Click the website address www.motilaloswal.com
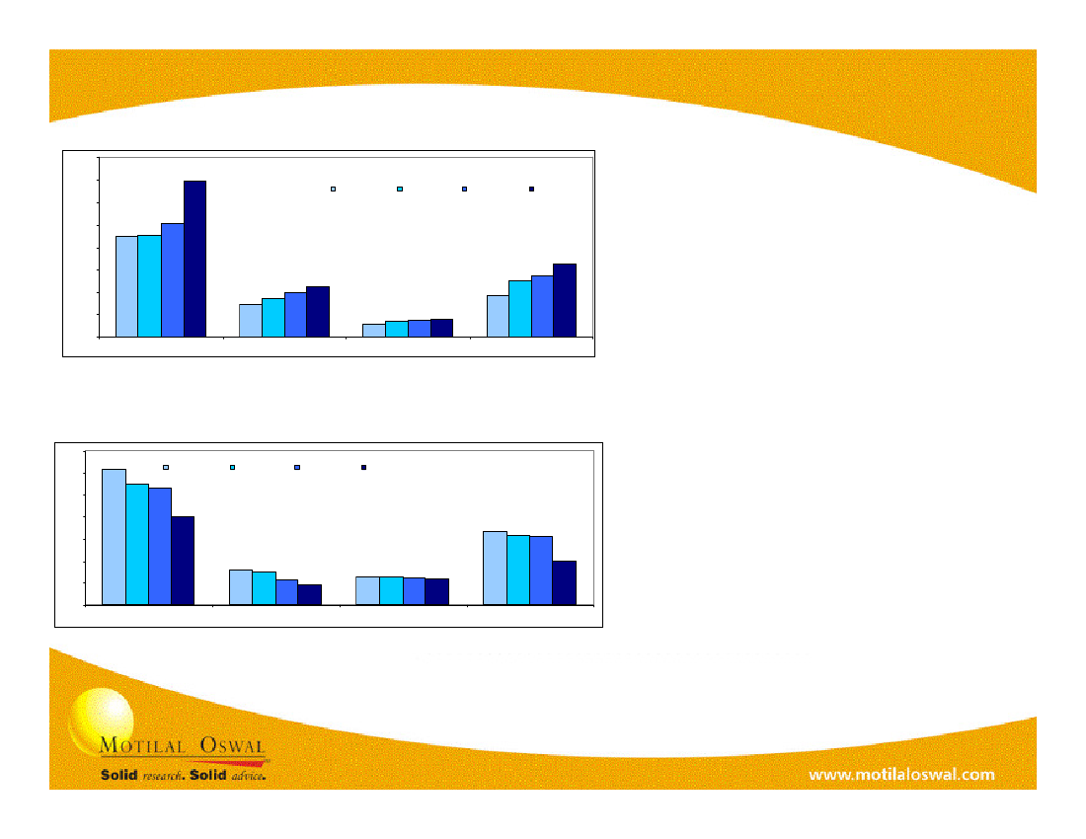901,775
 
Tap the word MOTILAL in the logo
143,745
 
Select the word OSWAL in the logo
233,745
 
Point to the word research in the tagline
163,776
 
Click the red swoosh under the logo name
229,763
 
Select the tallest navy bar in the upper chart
194,259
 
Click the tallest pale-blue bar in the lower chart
115,537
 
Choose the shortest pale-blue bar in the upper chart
374,331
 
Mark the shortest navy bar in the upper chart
442,328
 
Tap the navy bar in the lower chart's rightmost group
565,583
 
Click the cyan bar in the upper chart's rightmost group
520,309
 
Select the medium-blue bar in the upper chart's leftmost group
173,280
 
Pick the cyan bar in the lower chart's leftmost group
137,545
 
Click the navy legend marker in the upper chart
532,189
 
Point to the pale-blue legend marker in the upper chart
333,189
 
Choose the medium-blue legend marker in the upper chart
465,189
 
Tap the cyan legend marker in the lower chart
233,467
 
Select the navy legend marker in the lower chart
363,467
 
